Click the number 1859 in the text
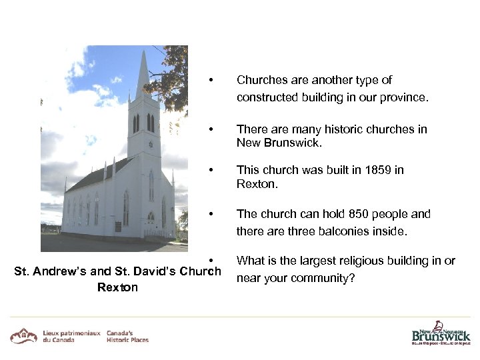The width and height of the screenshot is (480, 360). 378,170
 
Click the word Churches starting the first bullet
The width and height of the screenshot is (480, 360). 261,80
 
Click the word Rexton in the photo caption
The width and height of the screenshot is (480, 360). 117,287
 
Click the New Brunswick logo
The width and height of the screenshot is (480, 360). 440,333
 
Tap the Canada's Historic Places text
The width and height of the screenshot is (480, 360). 127,336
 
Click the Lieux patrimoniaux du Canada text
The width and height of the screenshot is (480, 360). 71,336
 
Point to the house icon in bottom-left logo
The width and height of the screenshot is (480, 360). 23,335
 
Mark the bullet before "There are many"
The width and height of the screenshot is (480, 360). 211,129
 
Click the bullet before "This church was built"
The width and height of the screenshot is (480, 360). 211,170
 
